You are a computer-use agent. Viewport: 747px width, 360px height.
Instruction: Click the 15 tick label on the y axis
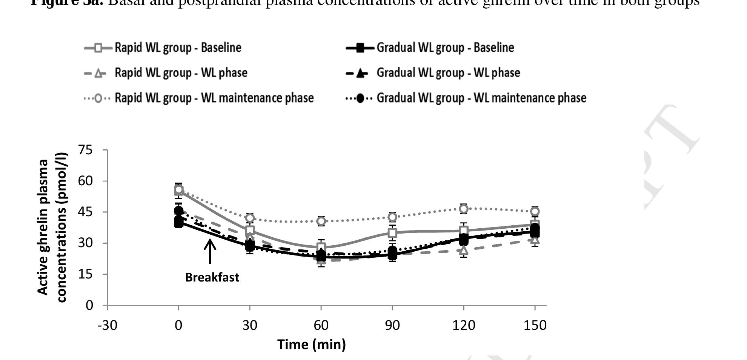(86, 274)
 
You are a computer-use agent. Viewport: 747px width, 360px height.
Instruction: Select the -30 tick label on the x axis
(107, 325)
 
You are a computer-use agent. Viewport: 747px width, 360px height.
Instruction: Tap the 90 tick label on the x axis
(392, 325)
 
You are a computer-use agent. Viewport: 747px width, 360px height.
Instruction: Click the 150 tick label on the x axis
(535, 325)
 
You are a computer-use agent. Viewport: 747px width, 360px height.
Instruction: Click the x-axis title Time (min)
(312, 345)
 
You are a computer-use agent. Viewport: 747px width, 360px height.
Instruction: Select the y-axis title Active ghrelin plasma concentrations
(52, 227)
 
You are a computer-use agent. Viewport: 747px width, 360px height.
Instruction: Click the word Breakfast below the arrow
(212, 278)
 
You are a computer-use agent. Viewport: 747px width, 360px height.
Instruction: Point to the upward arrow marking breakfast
(210, 251)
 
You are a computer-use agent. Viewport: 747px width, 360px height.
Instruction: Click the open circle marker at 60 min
(321, 221)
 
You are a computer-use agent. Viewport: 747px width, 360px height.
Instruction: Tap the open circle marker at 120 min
(464, 209)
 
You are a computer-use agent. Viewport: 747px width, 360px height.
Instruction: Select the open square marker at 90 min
(392, 233)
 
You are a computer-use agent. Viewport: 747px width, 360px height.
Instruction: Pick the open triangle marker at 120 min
(464, 250)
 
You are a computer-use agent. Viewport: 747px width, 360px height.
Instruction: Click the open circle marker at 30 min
(250, 218)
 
